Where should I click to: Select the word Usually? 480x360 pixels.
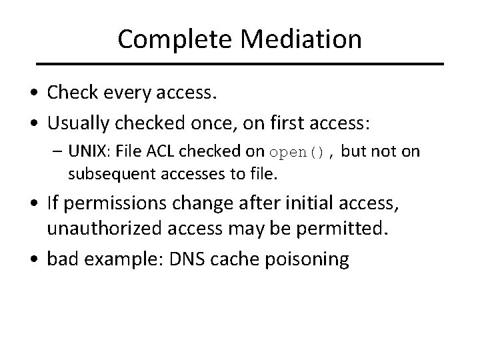coord(80,124)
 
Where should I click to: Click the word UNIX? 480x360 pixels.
coord(87,152)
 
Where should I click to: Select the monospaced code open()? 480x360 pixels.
coord(297,153)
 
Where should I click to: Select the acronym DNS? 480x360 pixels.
coord(173,259)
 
